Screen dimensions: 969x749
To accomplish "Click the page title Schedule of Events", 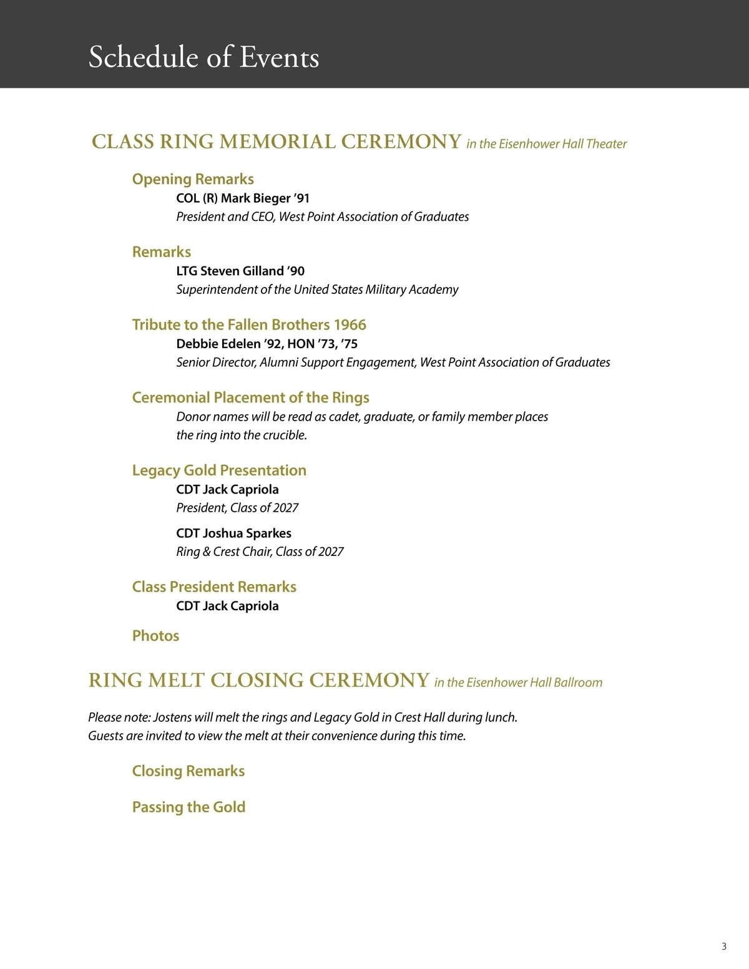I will [203, 57].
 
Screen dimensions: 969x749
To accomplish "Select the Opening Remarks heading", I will [193, 179].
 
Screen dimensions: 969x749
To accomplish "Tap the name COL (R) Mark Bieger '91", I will [243, 198].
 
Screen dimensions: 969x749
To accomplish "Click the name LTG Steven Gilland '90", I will [240, 271].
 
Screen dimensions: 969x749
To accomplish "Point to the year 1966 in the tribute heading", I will [350, 324].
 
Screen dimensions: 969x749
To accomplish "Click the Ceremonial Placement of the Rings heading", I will [250, 397].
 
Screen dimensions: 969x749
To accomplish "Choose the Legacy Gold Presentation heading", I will [219, 470].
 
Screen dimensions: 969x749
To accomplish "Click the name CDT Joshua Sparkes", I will [233, 533].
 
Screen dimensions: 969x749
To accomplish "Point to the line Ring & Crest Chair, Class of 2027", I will [260, 552].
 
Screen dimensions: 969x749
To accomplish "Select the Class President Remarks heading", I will [214, 587].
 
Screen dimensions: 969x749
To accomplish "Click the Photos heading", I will [155, 636].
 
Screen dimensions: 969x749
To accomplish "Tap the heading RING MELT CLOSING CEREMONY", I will [259, 680].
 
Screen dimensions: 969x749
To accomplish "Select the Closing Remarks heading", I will [188, 771].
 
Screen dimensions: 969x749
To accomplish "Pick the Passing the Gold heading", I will [188, 807].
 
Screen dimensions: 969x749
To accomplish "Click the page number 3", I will [724, 947].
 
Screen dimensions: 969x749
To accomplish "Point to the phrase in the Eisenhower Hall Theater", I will [546, 144].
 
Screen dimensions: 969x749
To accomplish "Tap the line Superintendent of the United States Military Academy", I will [317, 290].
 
